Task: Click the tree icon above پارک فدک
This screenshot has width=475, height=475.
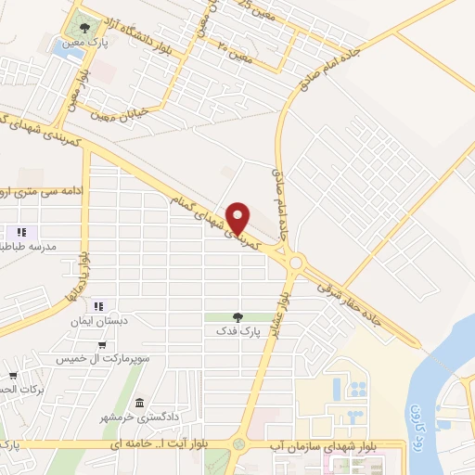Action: click(x=238, y=317)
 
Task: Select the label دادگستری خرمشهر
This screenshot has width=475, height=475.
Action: click(x=138, y=417)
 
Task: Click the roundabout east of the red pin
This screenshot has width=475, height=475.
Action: click(x=296, y=263)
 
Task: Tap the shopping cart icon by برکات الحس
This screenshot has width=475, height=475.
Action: click(x=12, y=376)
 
